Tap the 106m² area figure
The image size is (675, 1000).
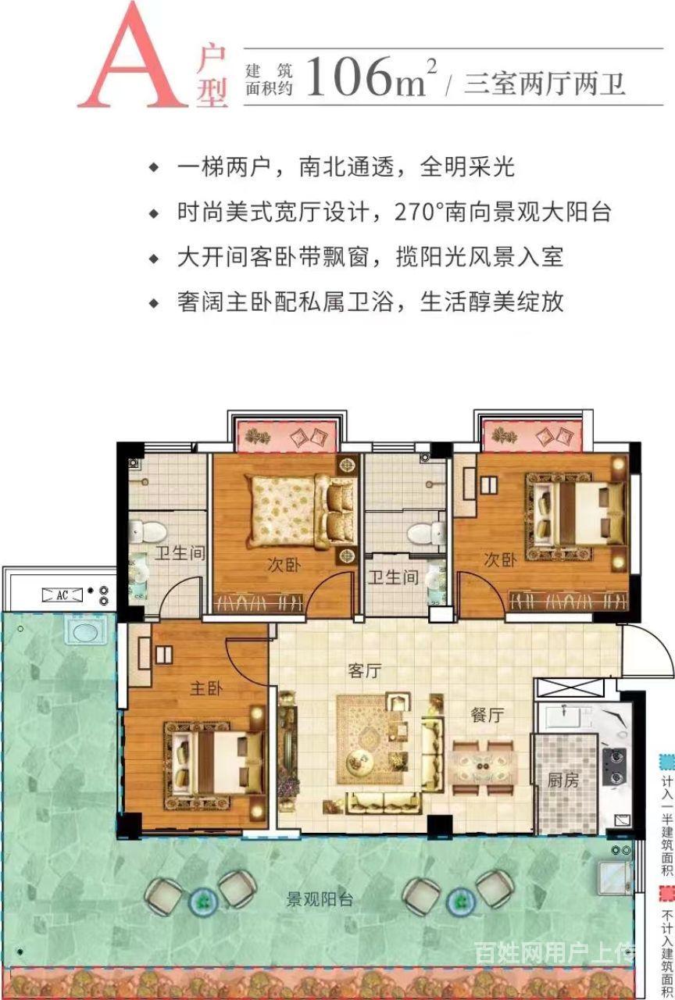[371, 76]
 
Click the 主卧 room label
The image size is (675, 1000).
[205, 688]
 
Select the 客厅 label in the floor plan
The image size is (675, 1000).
[365, 671]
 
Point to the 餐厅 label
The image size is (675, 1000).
[487, 715]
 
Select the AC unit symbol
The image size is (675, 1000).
[62, 595]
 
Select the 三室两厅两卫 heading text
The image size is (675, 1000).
[545, 83]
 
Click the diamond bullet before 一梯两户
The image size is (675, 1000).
[154, 167]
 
